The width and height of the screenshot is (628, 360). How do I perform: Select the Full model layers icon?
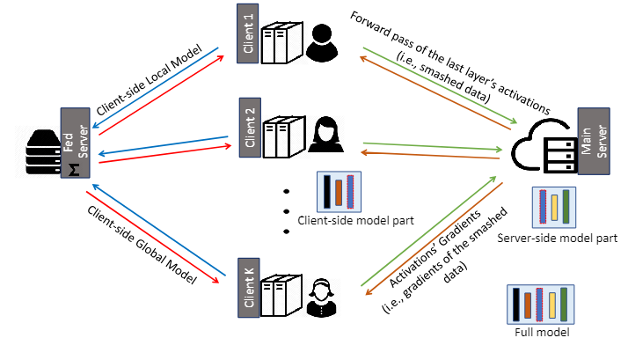[x=541, y=304]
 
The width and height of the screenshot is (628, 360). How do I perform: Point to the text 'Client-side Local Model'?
[x=151, y=77]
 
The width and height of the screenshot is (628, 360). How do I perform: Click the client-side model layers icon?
[x=339, y=191]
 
